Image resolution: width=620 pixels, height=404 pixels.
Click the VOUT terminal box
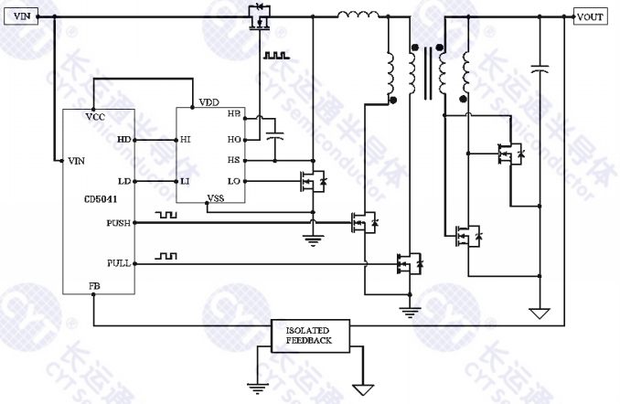click(590, 16)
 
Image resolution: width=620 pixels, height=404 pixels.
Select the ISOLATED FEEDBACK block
click(307, 335)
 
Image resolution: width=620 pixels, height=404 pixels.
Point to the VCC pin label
click(93, 117)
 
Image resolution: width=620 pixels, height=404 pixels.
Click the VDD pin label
click(209, 102)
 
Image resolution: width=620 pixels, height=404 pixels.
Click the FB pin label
click(94, 285)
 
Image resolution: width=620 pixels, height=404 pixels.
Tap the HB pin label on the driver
click(234, 114)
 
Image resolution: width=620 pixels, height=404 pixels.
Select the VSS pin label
click(216, 197)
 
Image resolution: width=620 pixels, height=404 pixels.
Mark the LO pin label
click(234, 181)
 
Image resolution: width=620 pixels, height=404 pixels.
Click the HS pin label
click(234, 161)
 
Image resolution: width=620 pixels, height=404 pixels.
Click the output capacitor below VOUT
click(540, 69)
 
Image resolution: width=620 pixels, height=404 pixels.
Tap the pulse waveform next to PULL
click(166, 256)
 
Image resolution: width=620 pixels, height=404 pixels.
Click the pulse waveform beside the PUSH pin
click(166, 215)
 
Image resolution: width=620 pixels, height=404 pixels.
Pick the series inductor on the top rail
click(358, 15)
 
